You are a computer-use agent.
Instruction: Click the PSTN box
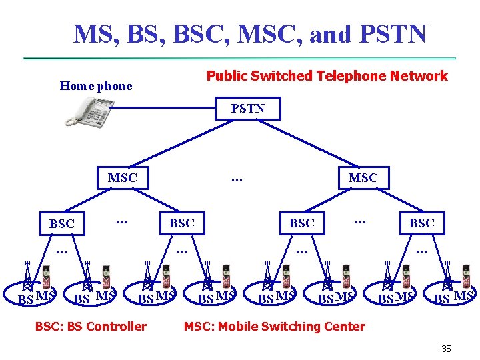pos(247,109)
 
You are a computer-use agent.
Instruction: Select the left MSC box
pos(122,178)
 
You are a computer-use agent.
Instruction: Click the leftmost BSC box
pos(62,224)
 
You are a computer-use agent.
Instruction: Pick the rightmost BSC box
pos(421,223)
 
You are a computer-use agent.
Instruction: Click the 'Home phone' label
pos(96,85)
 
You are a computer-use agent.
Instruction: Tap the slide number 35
pos(446,348)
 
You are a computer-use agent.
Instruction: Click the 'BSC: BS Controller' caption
pos(91,326)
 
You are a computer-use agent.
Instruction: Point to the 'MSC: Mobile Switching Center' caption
pos(274,326)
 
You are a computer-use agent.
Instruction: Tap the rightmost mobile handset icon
pos(466,277)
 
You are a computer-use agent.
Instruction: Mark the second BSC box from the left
pos(181,223)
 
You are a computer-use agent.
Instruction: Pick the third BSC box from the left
pos(301,223)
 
